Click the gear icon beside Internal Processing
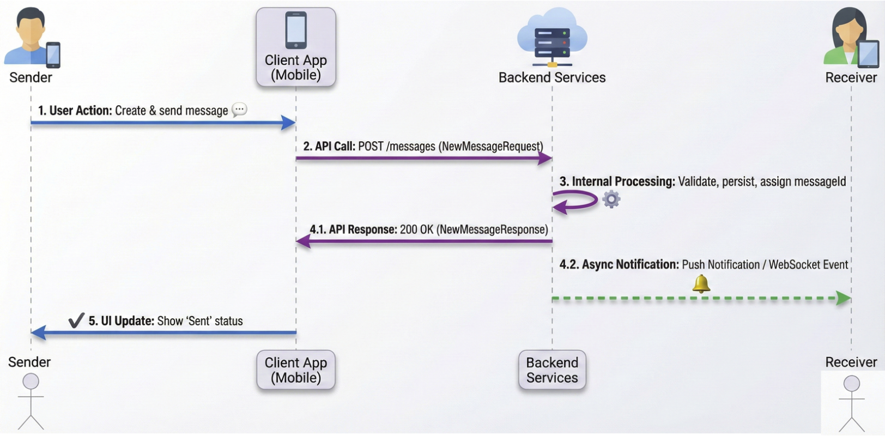(611, 199)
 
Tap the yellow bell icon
(701, 284)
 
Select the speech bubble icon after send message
(239, 110)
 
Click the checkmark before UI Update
(76, 320)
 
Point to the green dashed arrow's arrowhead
(844, 298)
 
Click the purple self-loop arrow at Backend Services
(577, 201)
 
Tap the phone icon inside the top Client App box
(296, 31)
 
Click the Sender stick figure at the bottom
(31, 402)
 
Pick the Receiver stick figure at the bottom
(851, 403)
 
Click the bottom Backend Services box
(552, 370)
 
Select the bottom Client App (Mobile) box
(296, 370)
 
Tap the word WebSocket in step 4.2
(794, 265)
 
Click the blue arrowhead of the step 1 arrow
(288, 123)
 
